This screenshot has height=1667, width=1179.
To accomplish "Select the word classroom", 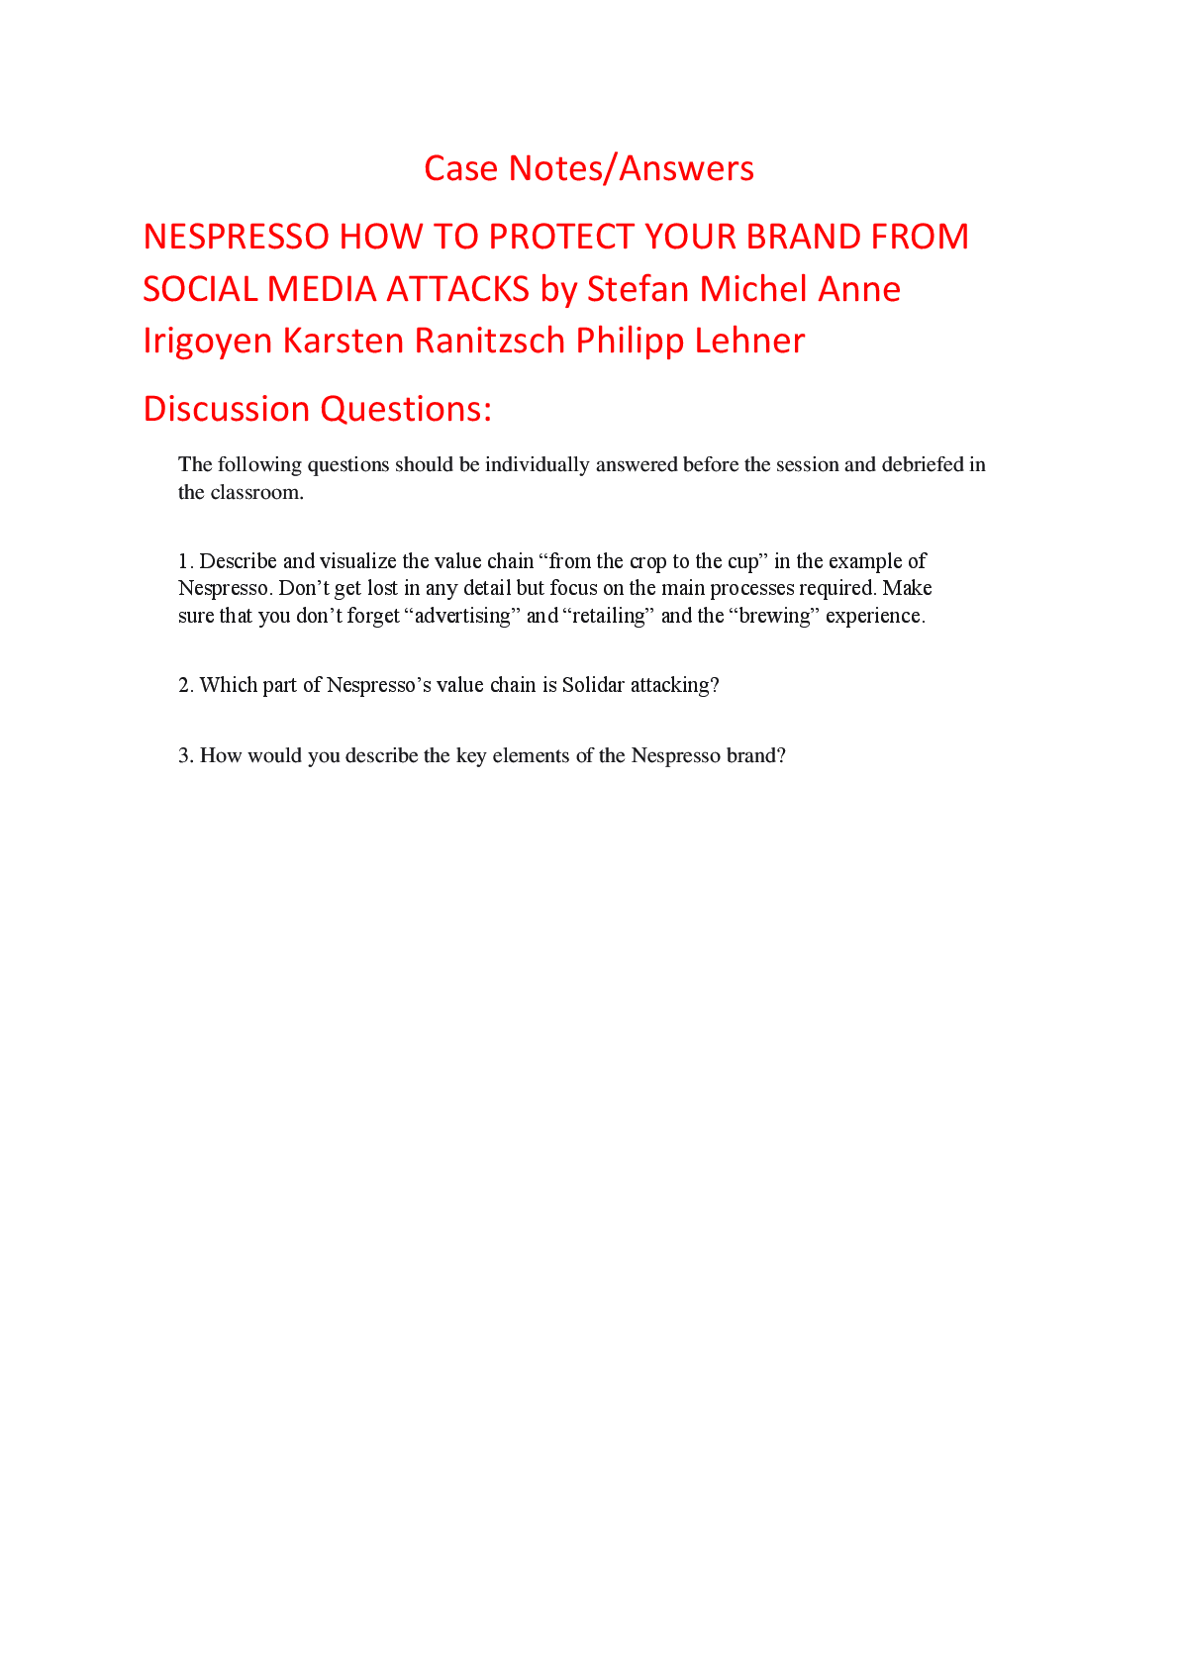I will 256,493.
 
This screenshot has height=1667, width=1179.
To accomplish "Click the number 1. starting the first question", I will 186,561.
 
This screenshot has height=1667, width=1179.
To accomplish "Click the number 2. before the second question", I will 186,685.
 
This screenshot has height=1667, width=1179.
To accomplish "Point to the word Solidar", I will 593,685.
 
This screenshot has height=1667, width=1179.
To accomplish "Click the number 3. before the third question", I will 186,756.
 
